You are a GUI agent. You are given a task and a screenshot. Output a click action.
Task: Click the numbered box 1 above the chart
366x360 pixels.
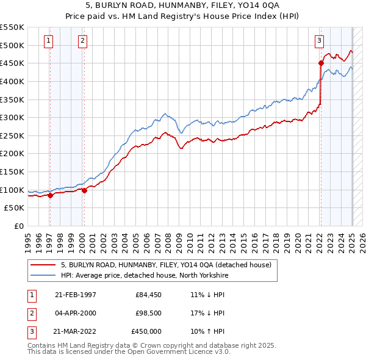tap(48, 41)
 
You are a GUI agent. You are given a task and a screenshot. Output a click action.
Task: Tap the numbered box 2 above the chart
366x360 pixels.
tap(82, 41)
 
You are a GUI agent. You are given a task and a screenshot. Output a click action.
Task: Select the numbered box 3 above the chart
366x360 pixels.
tap(319, 41)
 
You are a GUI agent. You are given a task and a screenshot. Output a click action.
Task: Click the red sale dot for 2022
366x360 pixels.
tap(321, 63)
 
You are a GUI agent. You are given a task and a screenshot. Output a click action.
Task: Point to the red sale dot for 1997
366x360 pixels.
tap(50, 195)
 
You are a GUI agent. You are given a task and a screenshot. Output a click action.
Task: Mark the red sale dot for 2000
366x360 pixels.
tap(84, 190)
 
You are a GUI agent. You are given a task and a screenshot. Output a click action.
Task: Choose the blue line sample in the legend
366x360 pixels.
tap(43, 276)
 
